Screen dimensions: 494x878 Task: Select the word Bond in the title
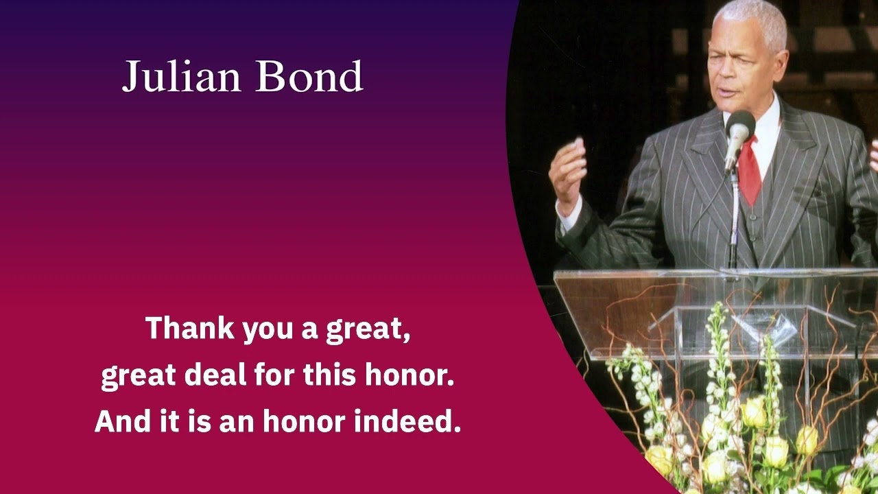(309, 76)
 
